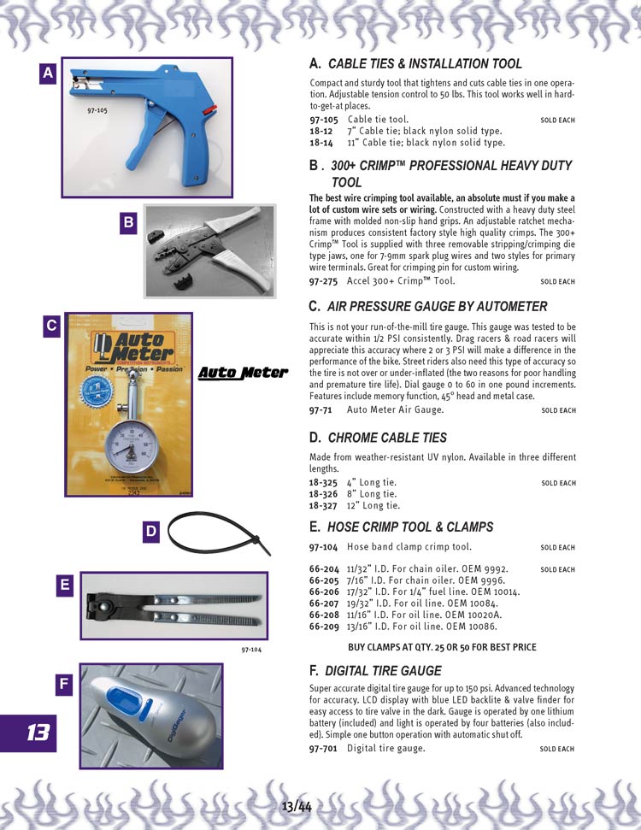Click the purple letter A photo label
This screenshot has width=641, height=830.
(48, 73)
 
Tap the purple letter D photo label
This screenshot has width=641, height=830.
(151, 532)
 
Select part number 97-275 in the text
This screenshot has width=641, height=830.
(323, 281)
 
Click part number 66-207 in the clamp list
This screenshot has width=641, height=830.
(324, 603)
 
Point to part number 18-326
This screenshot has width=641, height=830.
(323, 494)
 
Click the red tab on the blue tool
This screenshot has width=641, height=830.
(209, 110)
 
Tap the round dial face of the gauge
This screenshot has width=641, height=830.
(131, 446)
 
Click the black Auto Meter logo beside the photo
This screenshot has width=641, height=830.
(243, 373)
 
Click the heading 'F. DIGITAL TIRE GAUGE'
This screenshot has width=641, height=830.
(375, 671)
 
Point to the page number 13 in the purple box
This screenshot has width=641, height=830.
(38, 733)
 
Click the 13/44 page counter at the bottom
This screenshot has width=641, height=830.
(297, 807)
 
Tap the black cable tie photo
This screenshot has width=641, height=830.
(219, 533)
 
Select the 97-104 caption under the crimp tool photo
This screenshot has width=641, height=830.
(251, 650)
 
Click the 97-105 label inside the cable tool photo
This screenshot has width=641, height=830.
(97, 110)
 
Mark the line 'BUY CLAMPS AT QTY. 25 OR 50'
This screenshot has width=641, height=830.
(442, 647)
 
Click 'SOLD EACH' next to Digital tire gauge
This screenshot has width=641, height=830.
(557, 749)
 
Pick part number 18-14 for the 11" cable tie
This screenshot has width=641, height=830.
(321, 143)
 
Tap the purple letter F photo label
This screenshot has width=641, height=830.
(64, 685)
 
